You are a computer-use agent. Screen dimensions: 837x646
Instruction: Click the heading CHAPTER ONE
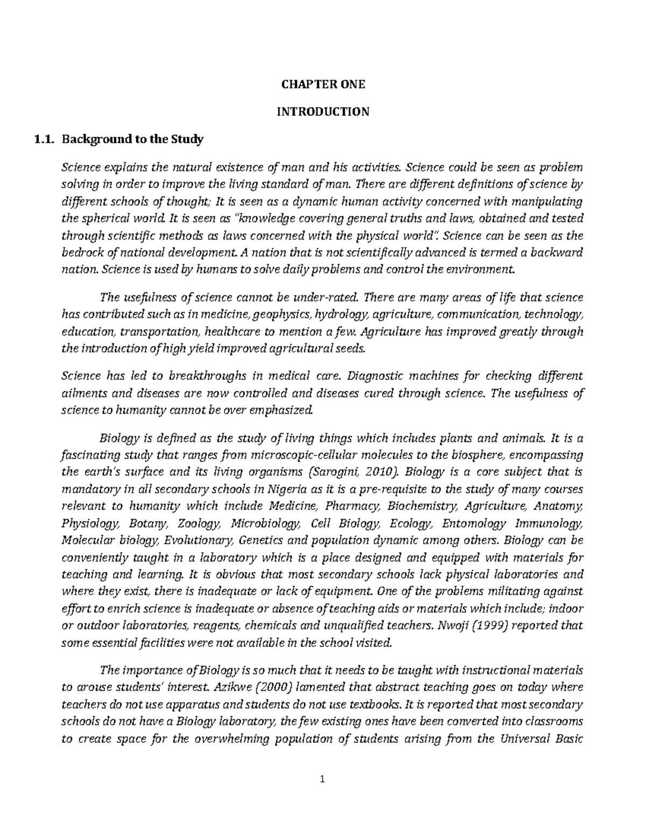(x=322, y=85)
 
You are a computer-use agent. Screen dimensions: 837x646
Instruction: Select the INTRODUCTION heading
(x=322, y=112)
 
